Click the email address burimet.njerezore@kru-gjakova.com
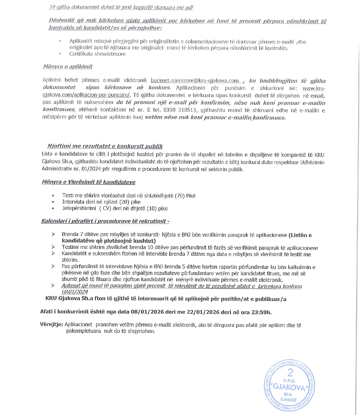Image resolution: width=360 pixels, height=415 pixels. pos(195,81)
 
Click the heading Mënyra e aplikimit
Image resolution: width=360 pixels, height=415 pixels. pos(68,67)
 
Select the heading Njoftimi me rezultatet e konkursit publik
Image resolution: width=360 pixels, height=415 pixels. pos(105,146)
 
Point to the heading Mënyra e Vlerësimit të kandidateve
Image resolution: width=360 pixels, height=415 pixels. pos(89,182)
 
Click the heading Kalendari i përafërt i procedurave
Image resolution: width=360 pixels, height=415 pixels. pos(105,221)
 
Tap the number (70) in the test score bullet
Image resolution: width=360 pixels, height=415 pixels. pos(180,196)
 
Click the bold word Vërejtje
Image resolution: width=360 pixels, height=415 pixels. pos(51,325)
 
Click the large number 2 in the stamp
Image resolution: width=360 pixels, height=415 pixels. pos(290,372)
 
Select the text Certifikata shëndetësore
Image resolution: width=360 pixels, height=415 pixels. pos(97,54)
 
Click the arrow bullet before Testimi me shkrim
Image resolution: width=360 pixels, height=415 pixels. pos(53,247)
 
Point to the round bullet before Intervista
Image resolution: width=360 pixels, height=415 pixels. pos(53,202)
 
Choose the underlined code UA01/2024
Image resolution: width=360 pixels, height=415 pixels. pos(75,292)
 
